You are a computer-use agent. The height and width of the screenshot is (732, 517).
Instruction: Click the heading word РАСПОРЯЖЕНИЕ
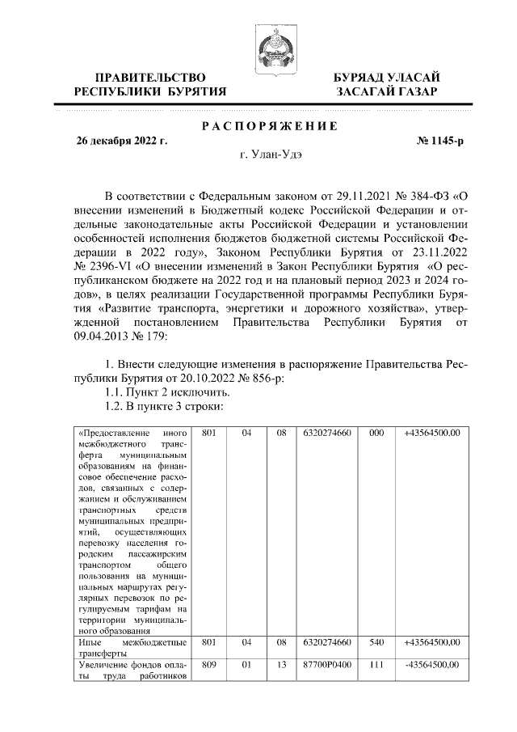[270, 125]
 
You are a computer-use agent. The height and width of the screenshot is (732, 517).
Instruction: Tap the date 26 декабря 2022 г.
[121, 141]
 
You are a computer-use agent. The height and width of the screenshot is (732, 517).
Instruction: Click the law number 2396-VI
[109, 264]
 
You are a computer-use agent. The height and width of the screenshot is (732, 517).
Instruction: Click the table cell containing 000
[375, 434]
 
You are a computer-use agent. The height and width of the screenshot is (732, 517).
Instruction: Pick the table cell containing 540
[375, 642]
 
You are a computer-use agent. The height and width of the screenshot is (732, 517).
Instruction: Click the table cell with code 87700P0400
[326, 665]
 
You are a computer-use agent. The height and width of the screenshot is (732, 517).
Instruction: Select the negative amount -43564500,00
[432, 665]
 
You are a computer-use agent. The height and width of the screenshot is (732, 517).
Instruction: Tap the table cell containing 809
[209, 665]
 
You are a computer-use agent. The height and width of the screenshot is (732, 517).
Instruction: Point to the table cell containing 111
[375, 665]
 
